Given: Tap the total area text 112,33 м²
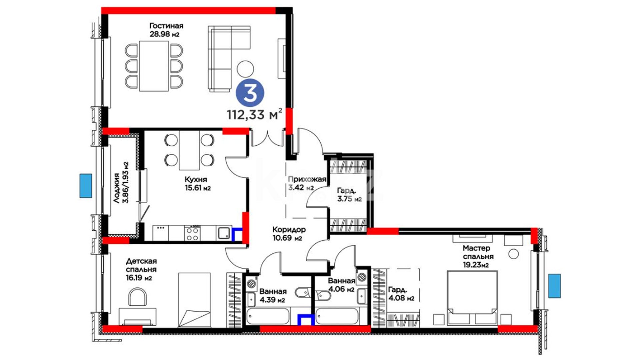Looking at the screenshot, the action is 255,114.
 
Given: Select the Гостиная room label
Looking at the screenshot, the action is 166,30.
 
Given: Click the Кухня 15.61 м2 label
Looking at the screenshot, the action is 198,184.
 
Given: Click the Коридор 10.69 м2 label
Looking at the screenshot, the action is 289,234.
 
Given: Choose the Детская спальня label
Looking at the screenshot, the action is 141,269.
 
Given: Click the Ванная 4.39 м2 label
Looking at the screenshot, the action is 273,296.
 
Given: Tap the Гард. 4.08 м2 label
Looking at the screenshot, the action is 401,294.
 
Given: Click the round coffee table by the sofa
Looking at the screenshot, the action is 245,69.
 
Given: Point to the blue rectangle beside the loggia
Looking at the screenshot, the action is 86,186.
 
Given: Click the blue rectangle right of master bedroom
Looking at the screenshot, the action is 554,286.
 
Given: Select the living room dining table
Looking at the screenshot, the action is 154,66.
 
